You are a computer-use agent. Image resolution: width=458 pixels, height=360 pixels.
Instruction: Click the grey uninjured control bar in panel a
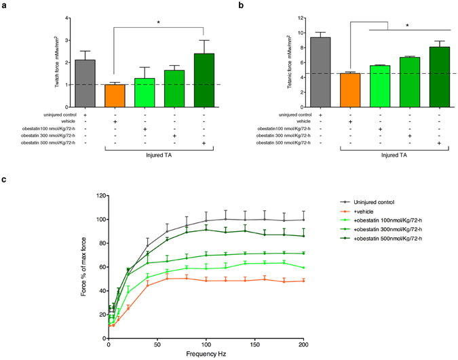pyautogui.click(x=85, y=83)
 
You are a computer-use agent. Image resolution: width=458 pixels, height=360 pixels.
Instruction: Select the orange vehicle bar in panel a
pyautogui.click(x=115, y=96)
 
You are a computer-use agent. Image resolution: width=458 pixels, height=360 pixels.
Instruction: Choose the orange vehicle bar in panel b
pyautogui.click(x=350, y=89)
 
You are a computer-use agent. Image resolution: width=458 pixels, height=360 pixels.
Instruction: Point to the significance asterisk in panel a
pyautogui.click(x=159, y=22)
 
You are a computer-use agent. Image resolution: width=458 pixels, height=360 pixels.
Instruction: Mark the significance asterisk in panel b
pyautogui.click(x=407, y=26)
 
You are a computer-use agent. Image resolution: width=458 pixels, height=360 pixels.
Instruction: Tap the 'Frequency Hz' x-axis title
pyautogui.click(x=205, y=354)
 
